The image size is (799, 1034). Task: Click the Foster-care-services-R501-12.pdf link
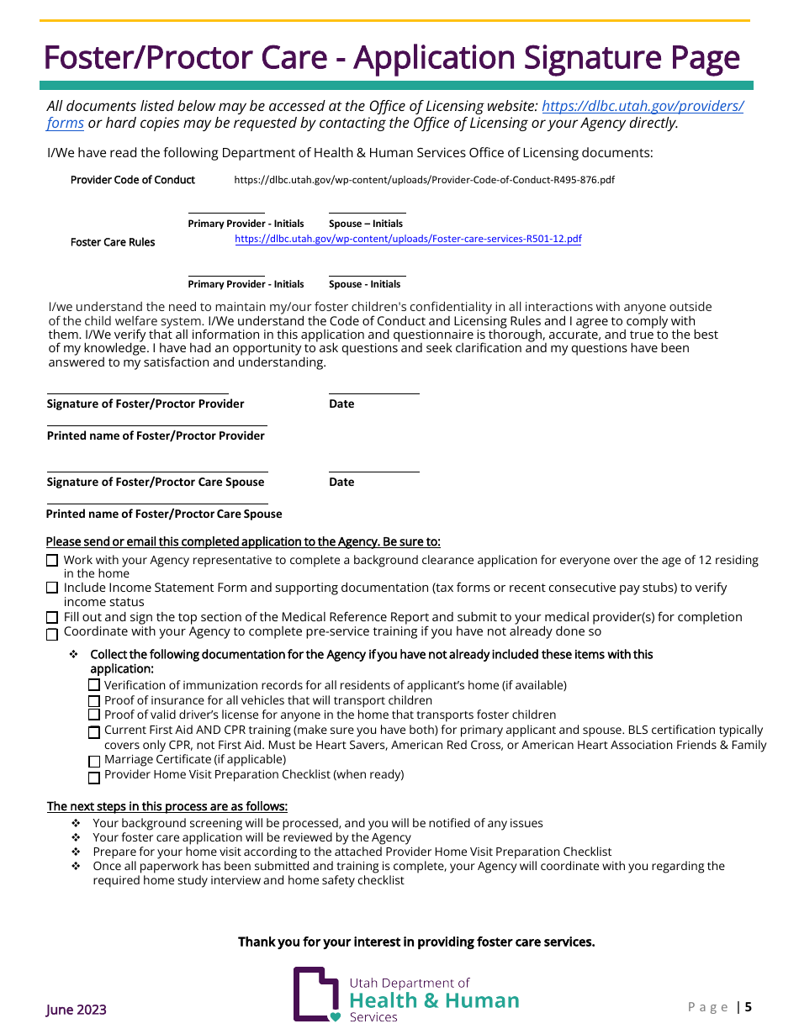408,239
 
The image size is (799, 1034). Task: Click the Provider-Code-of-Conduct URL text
424,180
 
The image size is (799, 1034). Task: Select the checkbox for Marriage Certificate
94,762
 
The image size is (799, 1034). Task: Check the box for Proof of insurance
94,701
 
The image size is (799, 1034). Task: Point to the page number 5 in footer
748,1007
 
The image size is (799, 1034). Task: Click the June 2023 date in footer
77,1010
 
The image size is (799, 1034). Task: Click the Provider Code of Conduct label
133,180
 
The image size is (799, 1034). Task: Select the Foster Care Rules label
113,242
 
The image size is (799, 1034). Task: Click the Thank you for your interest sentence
416,942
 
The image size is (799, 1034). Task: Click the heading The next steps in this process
167,806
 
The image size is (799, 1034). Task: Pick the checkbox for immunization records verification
94,685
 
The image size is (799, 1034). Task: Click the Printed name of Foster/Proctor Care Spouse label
164,514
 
